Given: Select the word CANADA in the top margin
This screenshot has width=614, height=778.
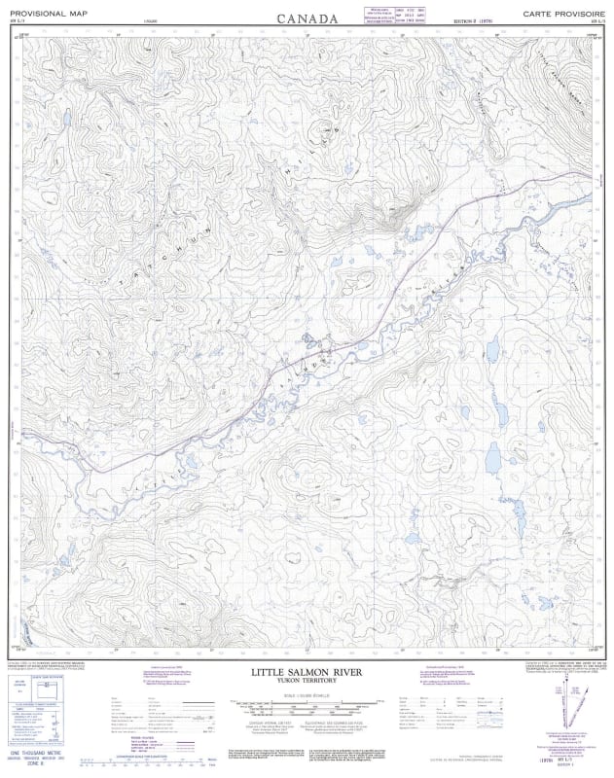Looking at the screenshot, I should (x=307, y=18).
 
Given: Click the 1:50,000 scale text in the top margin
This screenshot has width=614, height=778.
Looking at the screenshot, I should (x=175, y=21).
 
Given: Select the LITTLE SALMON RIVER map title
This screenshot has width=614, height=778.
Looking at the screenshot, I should (x=307, y=672).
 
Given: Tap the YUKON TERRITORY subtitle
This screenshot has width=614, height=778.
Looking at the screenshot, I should (x=307, y=681).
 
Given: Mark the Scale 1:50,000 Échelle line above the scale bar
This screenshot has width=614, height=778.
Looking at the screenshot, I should (x=307, y=689).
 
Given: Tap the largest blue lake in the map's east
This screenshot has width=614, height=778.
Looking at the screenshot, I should (x=492, y=455).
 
